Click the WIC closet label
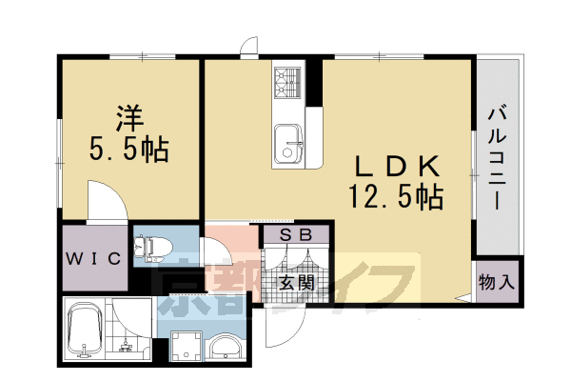coord(92,258)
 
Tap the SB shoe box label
coord(298,233)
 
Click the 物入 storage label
coord(497,282)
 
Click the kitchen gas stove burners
coord(287,84)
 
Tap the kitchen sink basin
coord(286,148)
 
